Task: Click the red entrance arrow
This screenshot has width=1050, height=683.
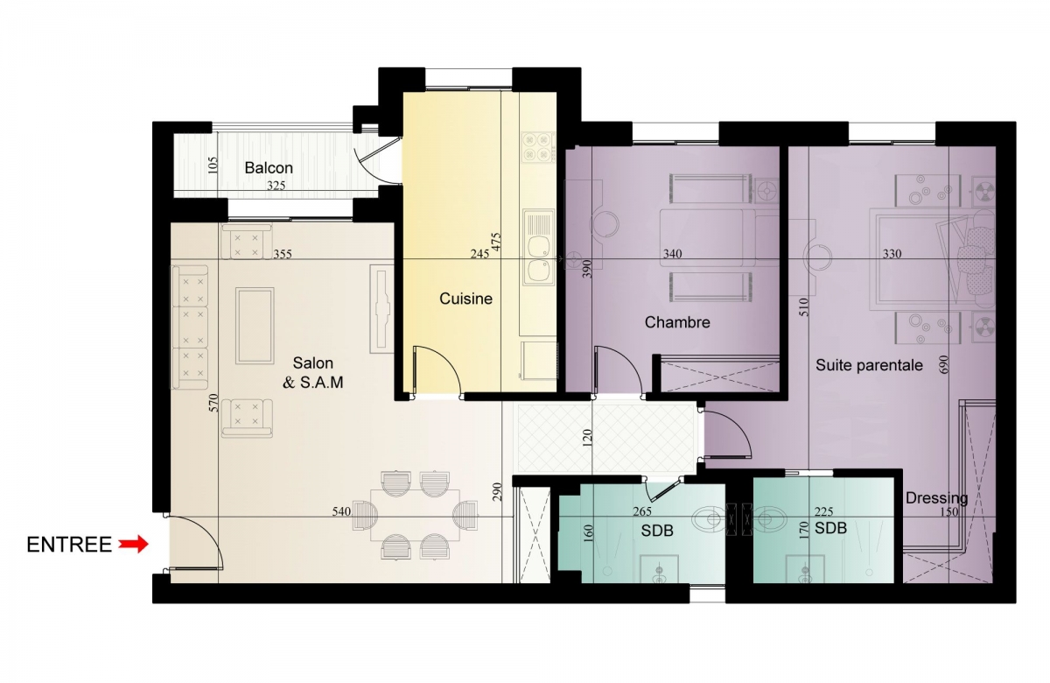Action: [x=133, y=544]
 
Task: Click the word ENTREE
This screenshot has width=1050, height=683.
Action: [x=69, y=545]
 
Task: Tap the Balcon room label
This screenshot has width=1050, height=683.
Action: [x=269, y=167]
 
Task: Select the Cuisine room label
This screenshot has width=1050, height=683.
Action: [x=465, y=299]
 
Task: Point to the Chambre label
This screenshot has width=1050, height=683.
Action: [x=677, y=322]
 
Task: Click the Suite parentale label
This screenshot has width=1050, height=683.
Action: [x=869, y=365]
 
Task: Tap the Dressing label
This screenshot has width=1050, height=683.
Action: [x=936, y=497]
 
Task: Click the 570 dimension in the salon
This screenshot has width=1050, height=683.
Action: [x=213, y=403]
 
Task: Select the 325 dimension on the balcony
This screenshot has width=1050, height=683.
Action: [x=276, y=186]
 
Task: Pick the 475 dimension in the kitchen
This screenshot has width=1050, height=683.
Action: [x=496, y=243]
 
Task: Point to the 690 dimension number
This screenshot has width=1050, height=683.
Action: [x=944, y=364]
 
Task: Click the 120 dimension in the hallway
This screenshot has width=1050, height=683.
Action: [x=587, y=438]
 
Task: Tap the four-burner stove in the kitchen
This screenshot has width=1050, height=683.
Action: [x=537, y=147]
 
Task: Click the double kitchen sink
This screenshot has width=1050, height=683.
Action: [x=538, y=247]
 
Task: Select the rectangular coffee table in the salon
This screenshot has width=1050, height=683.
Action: [x=255, y=326]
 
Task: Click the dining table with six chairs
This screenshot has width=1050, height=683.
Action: [x=415, y=515]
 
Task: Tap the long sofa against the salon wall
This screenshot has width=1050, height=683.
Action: [x=190, y=327]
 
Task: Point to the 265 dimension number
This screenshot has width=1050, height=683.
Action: [x=642, y=511]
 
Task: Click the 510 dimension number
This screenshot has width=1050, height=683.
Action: [x=804, y=306]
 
